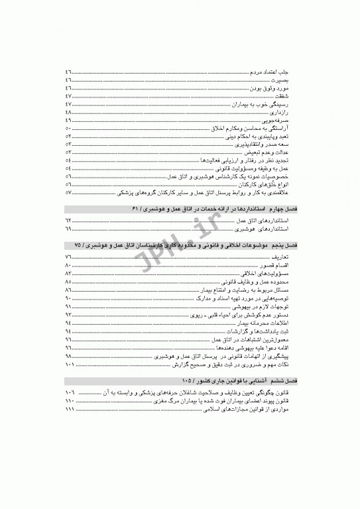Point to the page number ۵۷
[69, 192]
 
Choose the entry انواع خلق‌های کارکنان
[269, 184]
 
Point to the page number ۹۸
[69, 357]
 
